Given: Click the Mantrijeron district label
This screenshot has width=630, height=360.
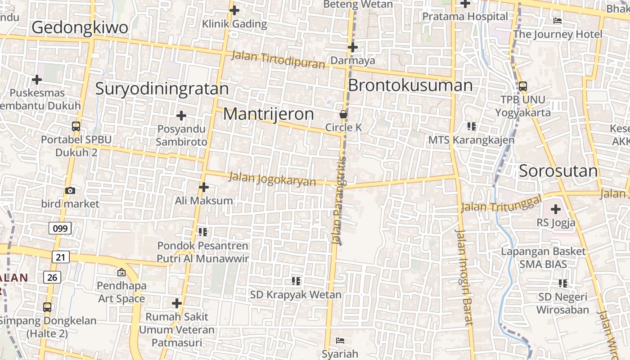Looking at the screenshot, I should (x=269, y=114).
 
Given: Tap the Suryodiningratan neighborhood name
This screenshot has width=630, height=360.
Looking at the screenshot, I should (x=162, y=89).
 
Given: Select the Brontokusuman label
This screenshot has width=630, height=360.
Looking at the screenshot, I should (x=410, y=85).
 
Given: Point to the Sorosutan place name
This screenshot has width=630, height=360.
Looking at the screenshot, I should (x=558, y=171).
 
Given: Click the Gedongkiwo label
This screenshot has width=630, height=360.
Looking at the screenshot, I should (x=80, y=28).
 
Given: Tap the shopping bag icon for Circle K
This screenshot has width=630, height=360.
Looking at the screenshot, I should (x=343, y=115).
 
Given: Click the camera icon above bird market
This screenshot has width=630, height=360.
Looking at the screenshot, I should (x=70, y=191).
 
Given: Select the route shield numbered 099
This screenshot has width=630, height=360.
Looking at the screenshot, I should (x=60, y=229).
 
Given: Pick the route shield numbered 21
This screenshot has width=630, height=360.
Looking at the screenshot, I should (x=61, y=257).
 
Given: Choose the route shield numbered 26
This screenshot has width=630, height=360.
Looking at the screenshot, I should (x=52, y=277).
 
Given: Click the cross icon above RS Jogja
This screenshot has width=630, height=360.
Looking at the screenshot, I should (x=556, y=209).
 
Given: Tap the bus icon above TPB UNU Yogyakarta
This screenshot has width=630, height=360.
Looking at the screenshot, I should (x=522, y=86).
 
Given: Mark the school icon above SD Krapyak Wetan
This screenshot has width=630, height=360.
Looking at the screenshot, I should (x=296, y=281).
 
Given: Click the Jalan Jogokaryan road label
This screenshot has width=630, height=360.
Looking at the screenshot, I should (x=272, y=179).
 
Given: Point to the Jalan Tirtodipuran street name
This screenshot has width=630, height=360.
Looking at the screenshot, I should (x=278, y=60).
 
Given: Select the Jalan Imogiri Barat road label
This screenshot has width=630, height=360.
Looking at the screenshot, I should (x=463, y=277).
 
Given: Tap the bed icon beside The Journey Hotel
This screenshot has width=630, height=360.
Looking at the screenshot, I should (x=558, y=21).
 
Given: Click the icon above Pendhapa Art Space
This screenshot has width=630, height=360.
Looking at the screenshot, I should (x=121, y=272).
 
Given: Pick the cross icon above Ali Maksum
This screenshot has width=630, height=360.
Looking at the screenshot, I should (x=204, y=187).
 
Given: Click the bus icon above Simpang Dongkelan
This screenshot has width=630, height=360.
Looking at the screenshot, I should (x=47, y=307).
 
